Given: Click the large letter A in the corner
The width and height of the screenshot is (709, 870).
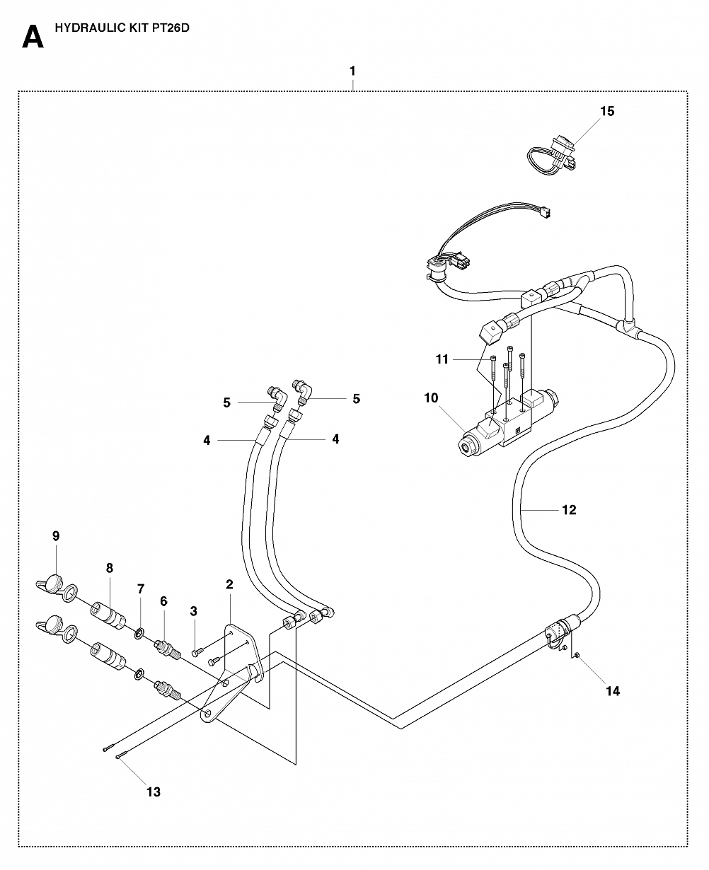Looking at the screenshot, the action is click(x=33, y=37).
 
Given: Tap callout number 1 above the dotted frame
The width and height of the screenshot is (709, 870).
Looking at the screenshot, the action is click(x=352, y=71).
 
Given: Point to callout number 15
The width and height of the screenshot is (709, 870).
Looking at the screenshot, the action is click(x=607, y=111).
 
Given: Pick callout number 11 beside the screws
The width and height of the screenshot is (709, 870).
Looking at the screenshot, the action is click(x=442, y=359).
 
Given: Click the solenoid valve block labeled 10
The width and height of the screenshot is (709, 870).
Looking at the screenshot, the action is click(x=509, y=424).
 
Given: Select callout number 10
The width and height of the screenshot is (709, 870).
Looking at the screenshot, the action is click(x=431, y=398).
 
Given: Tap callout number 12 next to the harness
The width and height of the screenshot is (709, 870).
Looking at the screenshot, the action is click(x=569, y=510).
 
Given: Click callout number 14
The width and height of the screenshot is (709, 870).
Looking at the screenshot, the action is click(x=613, y=692).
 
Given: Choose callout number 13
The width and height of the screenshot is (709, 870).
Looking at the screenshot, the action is click(x=154, y=792).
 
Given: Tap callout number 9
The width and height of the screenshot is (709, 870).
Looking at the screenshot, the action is click(x=56, y=536).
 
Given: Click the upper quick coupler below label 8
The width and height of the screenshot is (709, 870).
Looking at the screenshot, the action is click(x=108, y=615).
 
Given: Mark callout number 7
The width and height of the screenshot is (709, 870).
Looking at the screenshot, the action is click(x=141, y=589).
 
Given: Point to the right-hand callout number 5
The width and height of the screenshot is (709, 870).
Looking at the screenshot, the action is click(x=357, y=399).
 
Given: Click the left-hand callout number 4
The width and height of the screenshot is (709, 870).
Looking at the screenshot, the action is click(x=207, y=441).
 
